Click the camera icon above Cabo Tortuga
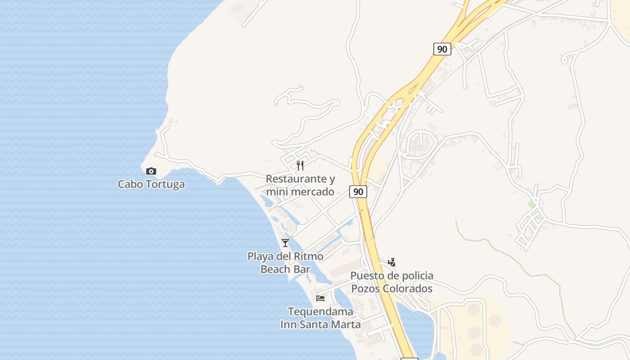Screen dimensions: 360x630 click(151, 171)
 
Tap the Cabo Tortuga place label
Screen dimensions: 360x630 click(151, 184)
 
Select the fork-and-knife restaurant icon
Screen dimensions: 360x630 click(300, 165)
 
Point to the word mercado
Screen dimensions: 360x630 click(312, 192)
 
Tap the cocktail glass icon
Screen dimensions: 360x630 click(285, 243)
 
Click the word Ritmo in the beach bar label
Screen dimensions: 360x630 click(308, 256)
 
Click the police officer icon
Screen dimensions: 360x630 click(392, 262)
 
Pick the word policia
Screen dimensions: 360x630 click(411, 275)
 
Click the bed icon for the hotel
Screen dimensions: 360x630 click(320, 298)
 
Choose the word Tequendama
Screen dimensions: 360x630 click(320, 311)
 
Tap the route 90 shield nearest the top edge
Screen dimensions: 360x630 click(442, 49)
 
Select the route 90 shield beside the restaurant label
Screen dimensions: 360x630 click(358, 192)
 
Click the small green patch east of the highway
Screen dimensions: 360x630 click(531, 204)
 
